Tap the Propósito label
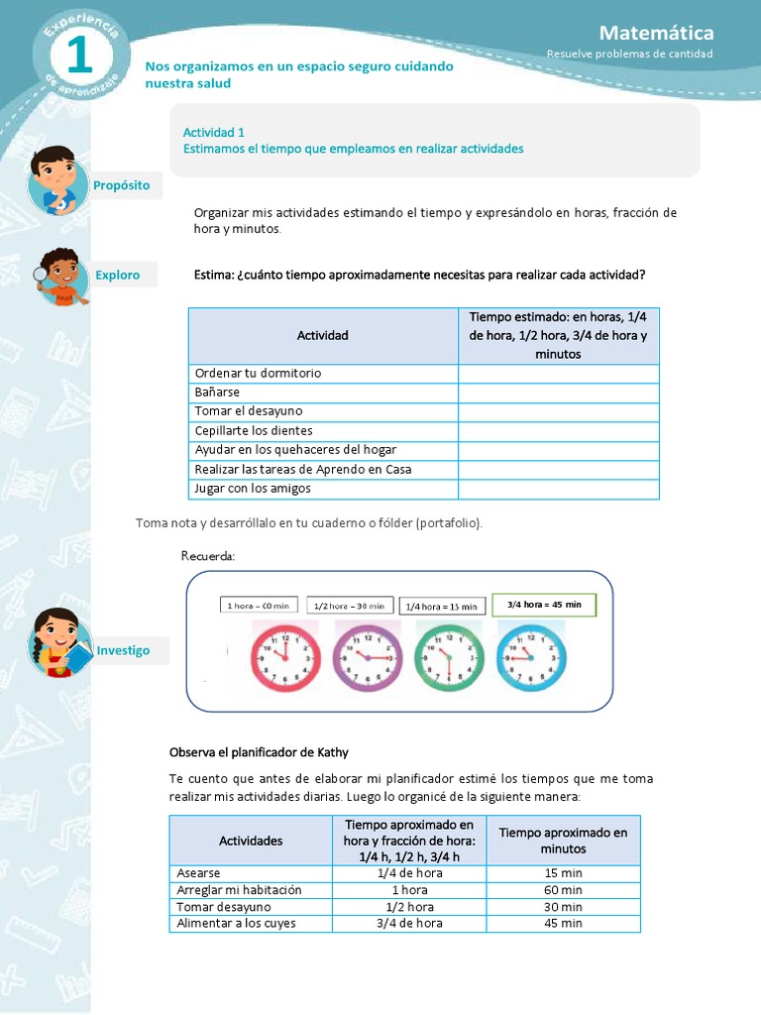(122, 185)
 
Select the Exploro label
(118, 275)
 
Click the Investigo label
(124, 650)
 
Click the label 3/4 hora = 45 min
(544, 605)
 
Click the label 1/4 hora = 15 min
(442, 606)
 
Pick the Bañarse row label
(218, 393)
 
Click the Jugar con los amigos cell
(253, 489)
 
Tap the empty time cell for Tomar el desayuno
(558, 411)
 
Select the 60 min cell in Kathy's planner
(563, 890)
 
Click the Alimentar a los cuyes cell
(236, 923)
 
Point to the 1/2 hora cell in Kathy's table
(409, 907)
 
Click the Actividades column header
(251, 841)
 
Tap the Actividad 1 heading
(214, 132)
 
